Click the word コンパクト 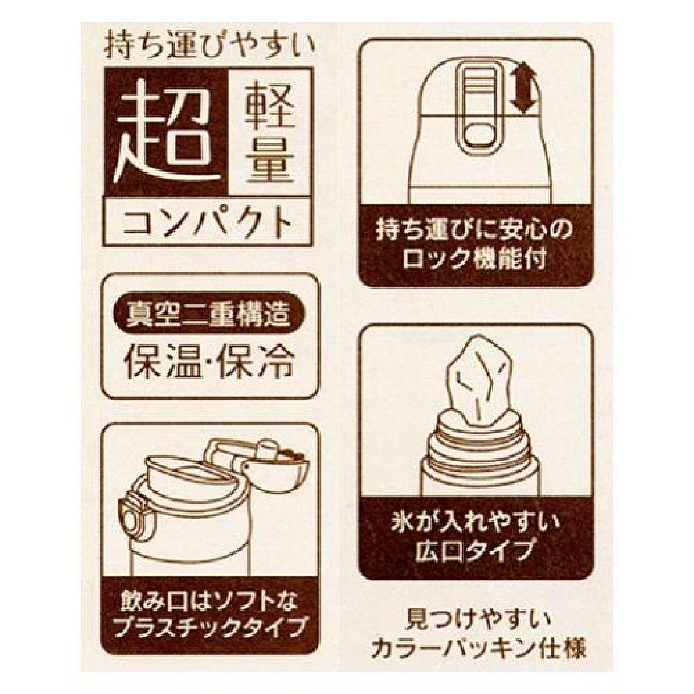tap(208, 222)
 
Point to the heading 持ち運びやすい tap(209, 49)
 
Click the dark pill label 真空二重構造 tap(209, 313)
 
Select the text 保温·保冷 tap(209, 363)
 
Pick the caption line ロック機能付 tap(476, 260)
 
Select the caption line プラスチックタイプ tap(209, 628)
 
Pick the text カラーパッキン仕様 tap(476, 648)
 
